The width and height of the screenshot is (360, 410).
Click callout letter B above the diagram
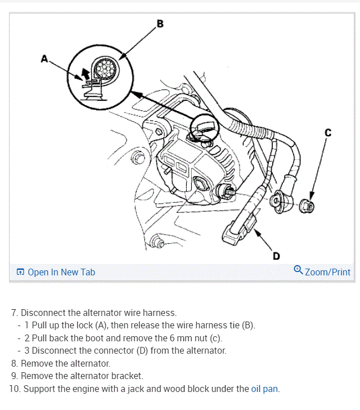click(160, 24)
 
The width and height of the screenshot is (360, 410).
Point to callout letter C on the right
click(328, 133)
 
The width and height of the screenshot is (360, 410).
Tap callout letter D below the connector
click(276, 256)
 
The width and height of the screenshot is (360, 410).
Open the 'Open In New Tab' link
click(61, 272)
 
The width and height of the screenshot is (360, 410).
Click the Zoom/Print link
click(327, 272)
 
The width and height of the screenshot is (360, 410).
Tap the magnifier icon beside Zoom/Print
click(298, 270)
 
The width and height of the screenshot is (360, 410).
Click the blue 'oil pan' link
click(264, 389)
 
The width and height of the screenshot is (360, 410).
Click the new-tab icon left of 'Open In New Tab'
click(20, 273)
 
